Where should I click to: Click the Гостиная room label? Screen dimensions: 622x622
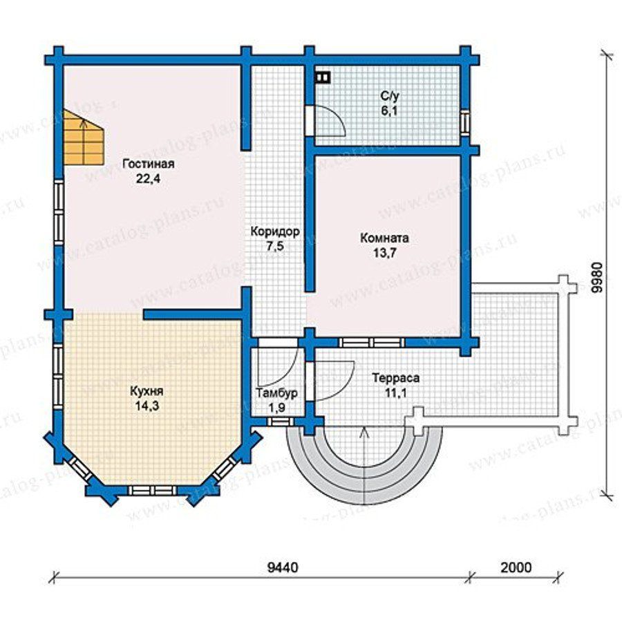149,164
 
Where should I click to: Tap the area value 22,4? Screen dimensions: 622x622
148,179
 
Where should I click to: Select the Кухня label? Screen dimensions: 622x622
147,391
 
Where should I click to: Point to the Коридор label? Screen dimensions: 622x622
275,232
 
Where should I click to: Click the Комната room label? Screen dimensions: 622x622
384,238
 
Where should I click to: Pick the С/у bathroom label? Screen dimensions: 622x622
390,96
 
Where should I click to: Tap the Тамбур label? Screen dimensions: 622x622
277,393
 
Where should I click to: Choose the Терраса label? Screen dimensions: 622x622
395,377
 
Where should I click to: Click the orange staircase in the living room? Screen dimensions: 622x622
84,137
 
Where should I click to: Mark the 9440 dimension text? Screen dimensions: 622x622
283,567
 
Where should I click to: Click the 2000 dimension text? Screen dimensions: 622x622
516,567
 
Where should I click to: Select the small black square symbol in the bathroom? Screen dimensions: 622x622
323,77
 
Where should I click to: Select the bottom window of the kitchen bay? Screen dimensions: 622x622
152,490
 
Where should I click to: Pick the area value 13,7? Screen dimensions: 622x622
384,253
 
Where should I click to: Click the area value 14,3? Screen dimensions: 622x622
147,406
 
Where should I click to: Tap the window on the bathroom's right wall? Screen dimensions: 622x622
465,121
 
